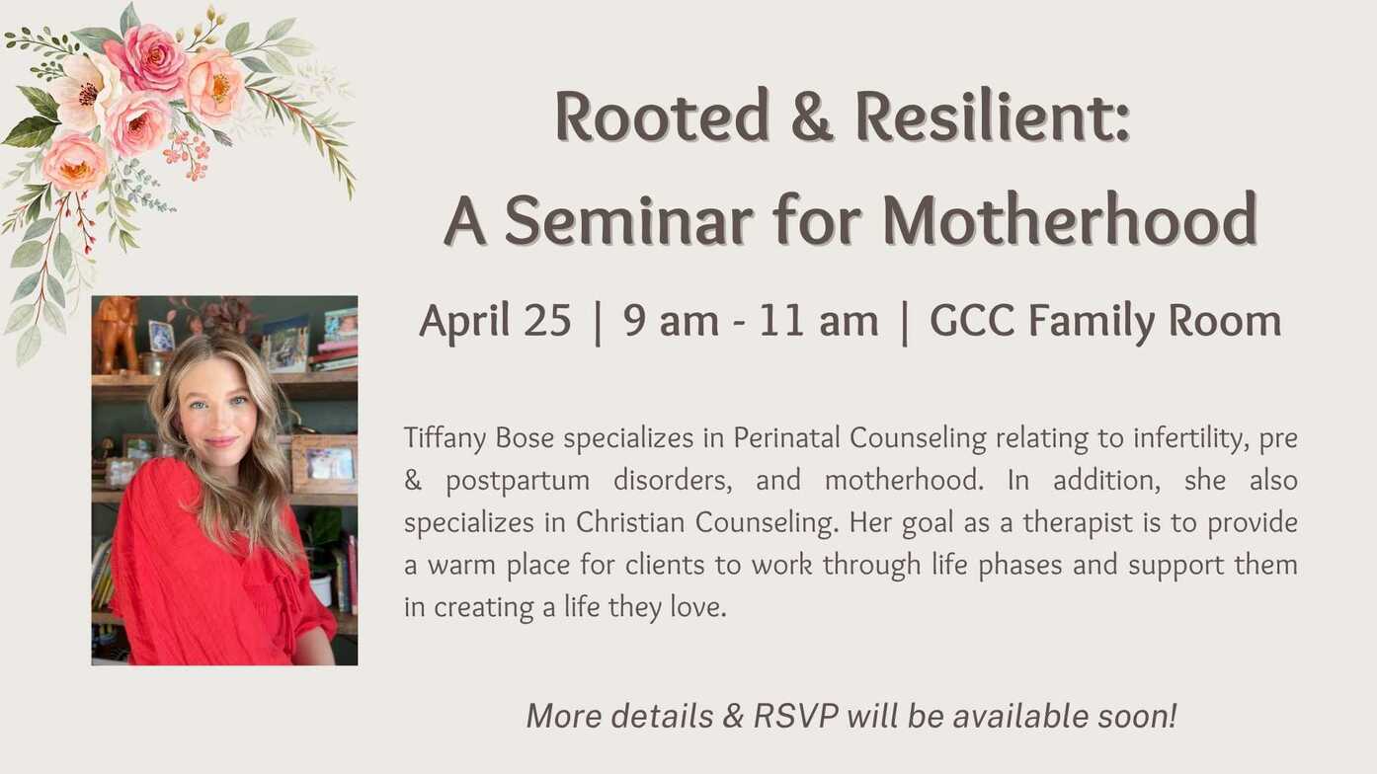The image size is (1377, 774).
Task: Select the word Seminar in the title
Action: [x=629, y=219]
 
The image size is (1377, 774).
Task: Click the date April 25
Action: [x=496, y=322]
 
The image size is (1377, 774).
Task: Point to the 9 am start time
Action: [x=671, y=322]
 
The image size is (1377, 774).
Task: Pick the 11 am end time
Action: [x=819, y=322]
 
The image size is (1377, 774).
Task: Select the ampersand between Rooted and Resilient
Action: [x=812, y=116]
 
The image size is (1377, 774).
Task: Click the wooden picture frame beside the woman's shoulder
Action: [x=323, y=464]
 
